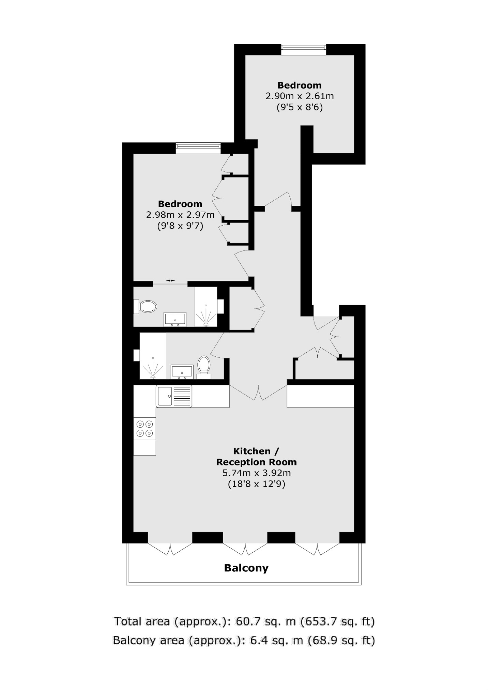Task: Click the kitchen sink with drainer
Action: pyautogui.click(x=174, y=396)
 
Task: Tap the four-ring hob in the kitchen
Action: pyautogui.click(x=144, y=429)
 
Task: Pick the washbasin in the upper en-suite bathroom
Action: pyautogui.click(x=175, y=319)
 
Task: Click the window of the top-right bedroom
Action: pyautogui.click(x=303, y=50)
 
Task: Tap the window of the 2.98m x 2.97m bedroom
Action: pyautogui.click(x=198, y=148)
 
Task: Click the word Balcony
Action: pyautogui.click(x=246, y=568)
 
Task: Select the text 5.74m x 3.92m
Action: pyautogui.click(x=257, y=473)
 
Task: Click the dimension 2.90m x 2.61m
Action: pyautogui.click(x=300, y=96)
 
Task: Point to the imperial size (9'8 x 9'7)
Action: pyautogui.click(x=180, y=226)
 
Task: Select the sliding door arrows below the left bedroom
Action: pyautogui.click(x=171, y=280)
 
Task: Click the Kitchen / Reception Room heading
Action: pyautogui.click(x=257, y=457)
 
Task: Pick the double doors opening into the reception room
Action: pyautogui.click(x=258, y=393)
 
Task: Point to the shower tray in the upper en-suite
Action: pyautogui.click(x=206, y=307)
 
